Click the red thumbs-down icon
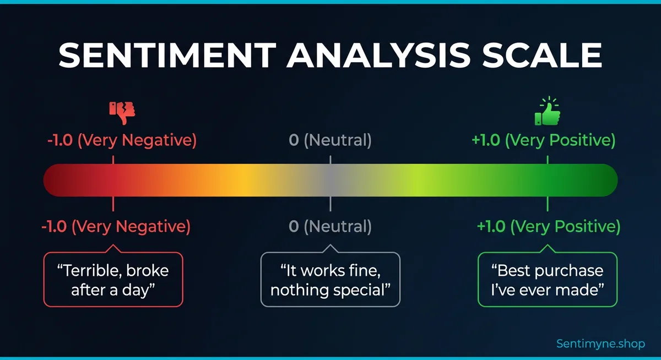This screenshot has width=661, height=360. coord(122,112)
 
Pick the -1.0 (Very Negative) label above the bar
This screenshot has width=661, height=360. coord(121,140)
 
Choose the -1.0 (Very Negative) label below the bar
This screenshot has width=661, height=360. coord(115,226)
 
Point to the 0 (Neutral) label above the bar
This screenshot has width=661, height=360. coord(330,140)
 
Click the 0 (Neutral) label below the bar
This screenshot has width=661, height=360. coord(330,226)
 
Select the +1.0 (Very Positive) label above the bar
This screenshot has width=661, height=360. coord(543,140)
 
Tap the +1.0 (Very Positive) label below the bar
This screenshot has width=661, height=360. coord(548,226)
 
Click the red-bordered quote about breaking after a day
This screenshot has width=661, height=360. coord(113,279)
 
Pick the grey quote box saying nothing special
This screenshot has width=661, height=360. coord(330,279)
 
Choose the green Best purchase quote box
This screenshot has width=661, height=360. coord(547,279)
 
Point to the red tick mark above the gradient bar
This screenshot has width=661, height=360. coord(113,159)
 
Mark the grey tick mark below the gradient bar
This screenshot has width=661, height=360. coord(330,204)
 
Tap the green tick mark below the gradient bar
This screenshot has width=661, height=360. coord(547,204)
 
